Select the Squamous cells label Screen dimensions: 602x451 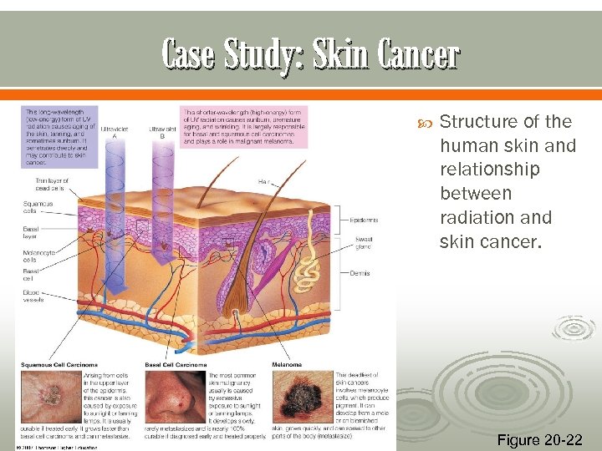pos(38,205)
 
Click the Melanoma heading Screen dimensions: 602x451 pos(286,364)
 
